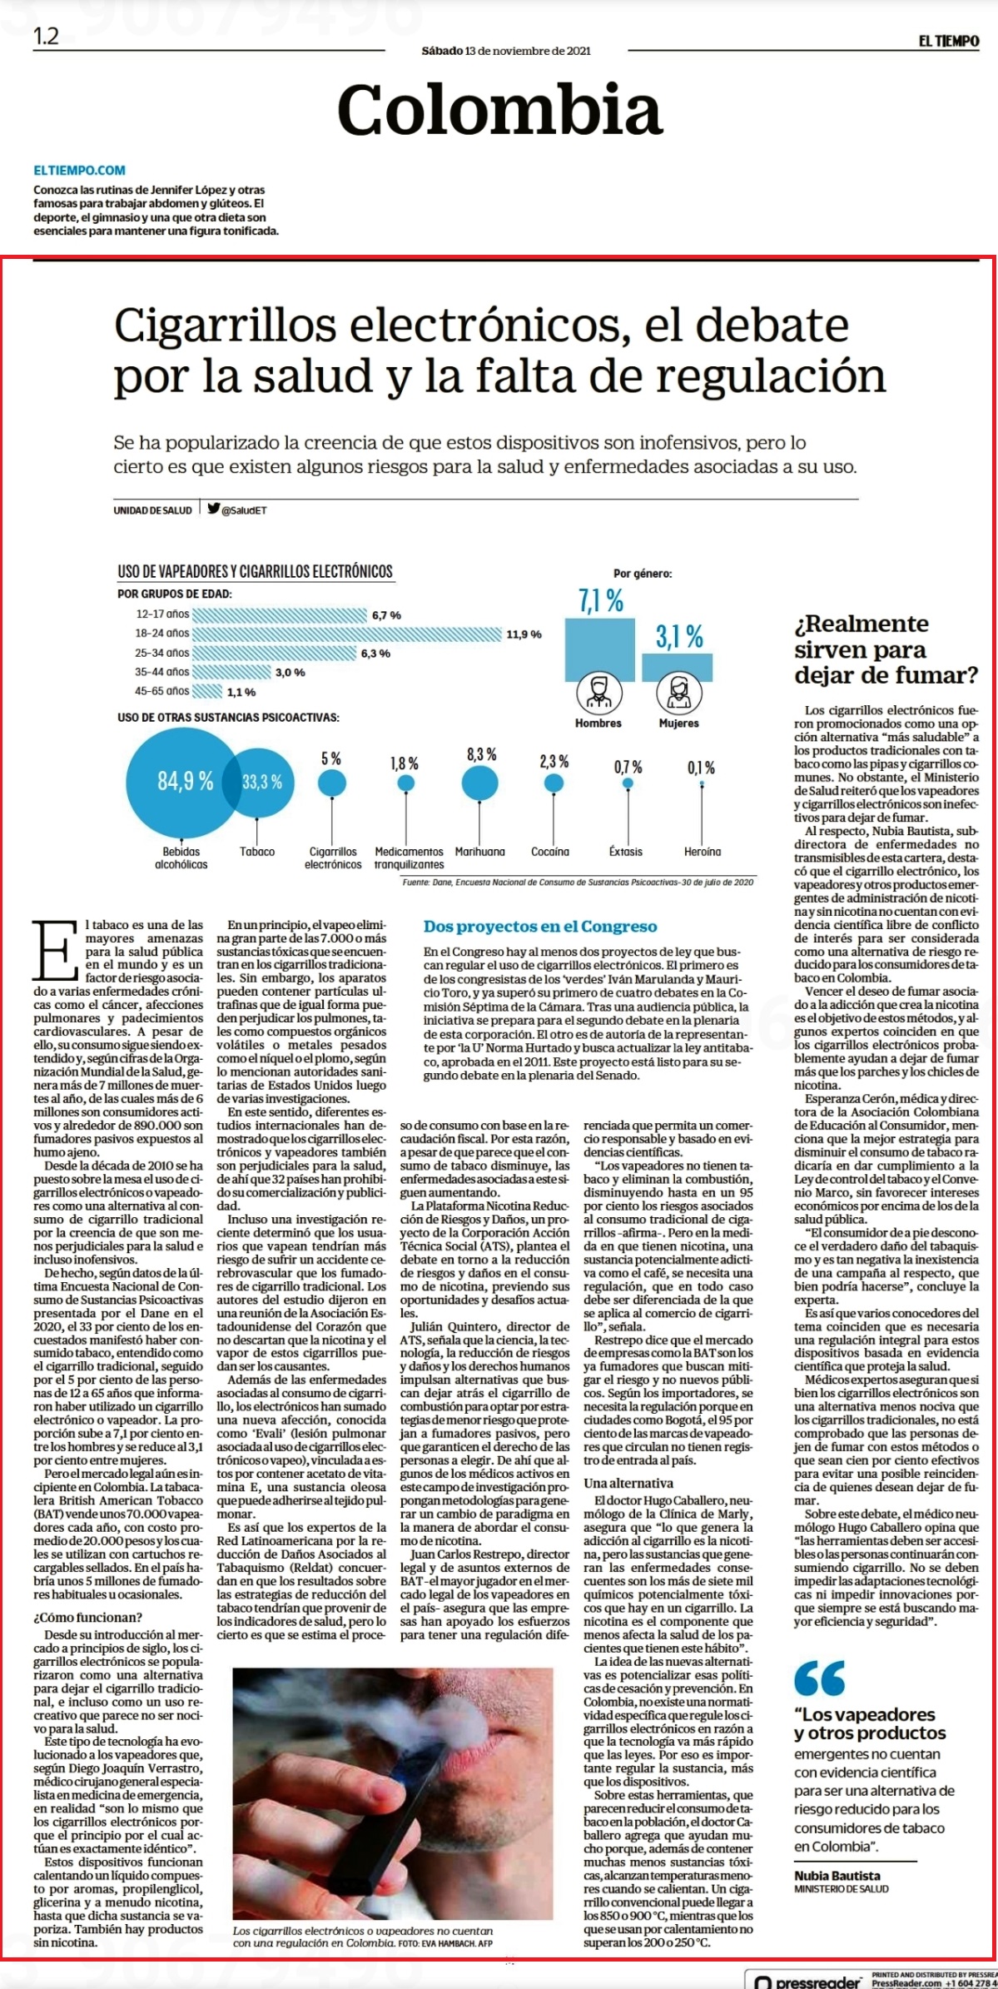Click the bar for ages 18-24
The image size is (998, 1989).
(347, 634)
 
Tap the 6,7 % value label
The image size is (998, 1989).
(386, 615)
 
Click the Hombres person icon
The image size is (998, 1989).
(598, 693)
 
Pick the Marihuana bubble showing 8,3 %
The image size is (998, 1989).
(479, 783)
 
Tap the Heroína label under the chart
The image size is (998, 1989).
(703, 852)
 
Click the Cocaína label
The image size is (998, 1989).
(550, 852)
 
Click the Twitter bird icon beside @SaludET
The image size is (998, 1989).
(213, 510)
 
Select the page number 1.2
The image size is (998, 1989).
(47, 37)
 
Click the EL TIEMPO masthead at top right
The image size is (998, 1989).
(949, 42)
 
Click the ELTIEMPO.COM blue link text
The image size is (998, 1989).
(79, 171)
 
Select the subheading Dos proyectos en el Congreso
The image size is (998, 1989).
(540, 927)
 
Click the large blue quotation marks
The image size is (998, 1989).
(819, 1678)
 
